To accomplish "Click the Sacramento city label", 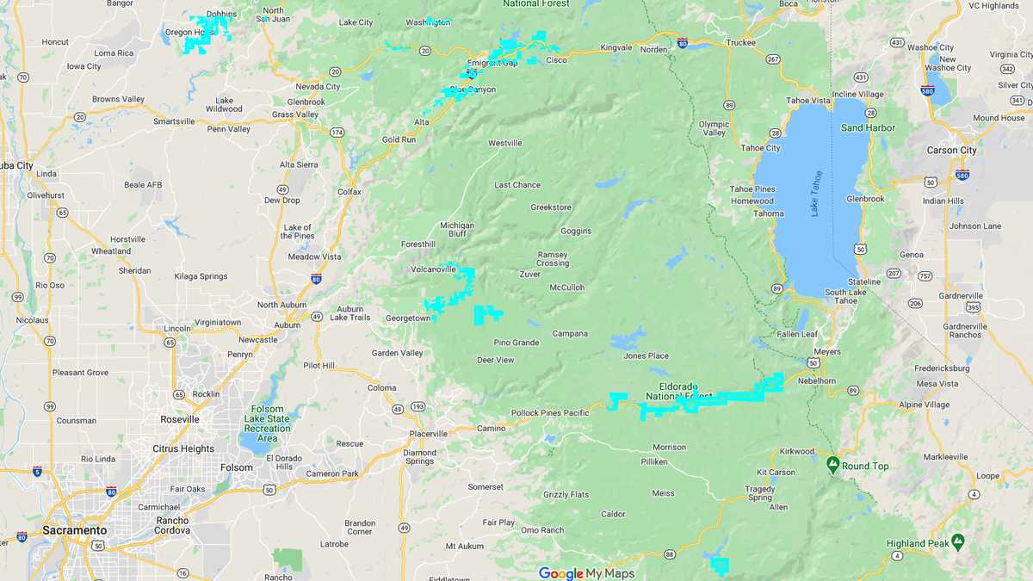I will point(75,530).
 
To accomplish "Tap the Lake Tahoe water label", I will point(816,193).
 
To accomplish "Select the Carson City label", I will point(951,151).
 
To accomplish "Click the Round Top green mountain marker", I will point(832,465).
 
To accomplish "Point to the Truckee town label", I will point(740,42).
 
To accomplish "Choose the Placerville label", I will point(429,434).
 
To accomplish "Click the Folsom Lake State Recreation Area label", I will point(267,423).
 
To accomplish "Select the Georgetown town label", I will point(407,318).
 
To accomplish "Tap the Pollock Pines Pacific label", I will point(550,413).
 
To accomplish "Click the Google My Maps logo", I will point(586,573).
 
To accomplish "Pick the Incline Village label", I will point(857,94).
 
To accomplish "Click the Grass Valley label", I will point(295,114).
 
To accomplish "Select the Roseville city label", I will point(180,419).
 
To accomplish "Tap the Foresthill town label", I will point(418,244).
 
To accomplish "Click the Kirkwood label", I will point(797,451).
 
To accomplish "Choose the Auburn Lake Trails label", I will point(350,313).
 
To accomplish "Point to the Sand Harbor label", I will point(868,128).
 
